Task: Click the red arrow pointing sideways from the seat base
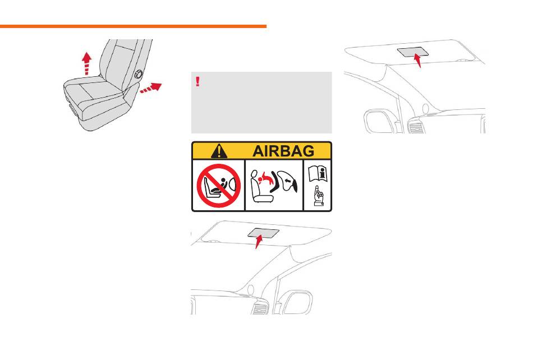coord(151,87)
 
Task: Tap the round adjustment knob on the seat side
coord(139,74)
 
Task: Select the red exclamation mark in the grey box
coord(198,81)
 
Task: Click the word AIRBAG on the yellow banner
coord(283,151)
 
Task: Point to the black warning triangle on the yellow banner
coord(219,151)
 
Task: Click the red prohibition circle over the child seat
coord(219,186)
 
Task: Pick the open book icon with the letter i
coord(318,173)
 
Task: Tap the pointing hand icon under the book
coord(318,196)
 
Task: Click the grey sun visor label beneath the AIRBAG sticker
coord(264,233)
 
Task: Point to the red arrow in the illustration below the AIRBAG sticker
coord(259,242)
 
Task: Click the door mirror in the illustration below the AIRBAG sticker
coord(297,303)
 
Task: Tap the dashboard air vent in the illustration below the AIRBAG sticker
coord(260,309)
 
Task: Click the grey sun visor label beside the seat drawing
coord(413,52)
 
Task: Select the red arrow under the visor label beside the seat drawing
coord(418,61)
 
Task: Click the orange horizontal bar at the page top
coord(134,26)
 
